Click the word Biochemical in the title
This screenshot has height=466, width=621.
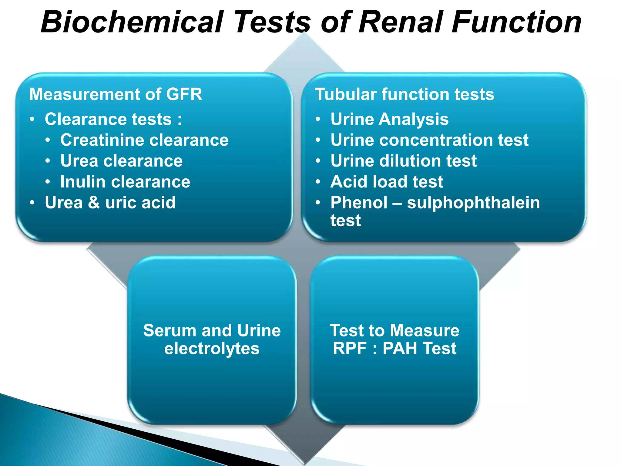click(132, 22)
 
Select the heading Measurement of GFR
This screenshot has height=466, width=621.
click(116, 94)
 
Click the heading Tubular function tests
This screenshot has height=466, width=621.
click(404, 94)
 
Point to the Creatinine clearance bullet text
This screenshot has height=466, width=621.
click(144, 140)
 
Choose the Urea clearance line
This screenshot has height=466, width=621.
click(121, 161)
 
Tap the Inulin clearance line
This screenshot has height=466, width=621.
click(125, 182)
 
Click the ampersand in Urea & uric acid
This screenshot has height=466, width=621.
click(94, 202)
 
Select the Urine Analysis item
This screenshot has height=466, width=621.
click(389, 119)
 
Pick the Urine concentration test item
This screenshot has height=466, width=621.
click(429, 140)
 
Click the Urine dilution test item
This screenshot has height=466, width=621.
click(403, 161)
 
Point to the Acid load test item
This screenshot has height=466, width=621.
click(387, 182)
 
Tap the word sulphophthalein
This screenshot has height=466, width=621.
click(473, 202)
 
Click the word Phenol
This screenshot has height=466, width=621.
click(359, 202)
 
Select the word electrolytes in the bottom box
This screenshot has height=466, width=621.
click(212, 349)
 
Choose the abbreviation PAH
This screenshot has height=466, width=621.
click(400, 348)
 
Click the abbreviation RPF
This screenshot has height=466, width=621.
click(350, 348)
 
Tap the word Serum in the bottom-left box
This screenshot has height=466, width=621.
click(170, 330)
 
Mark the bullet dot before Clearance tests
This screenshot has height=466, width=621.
click(32, 119)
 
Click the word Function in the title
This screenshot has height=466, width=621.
click(516, 22)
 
